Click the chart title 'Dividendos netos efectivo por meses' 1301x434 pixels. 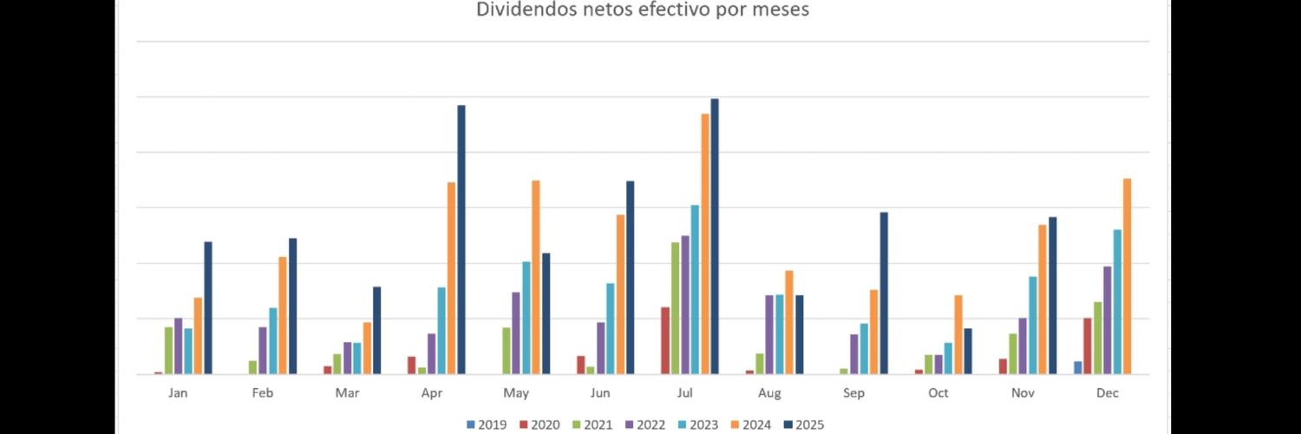click(642, 10)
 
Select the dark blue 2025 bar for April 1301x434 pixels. click(461, 240)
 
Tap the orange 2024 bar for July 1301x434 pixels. click(705, 244)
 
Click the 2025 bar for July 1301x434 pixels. click(715, 236)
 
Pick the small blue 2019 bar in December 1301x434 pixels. click(1078, 368)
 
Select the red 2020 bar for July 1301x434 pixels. click(665, 340)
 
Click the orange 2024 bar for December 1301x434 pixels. click(1128, 276)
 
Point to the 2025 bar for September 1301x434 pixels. click(884, 293)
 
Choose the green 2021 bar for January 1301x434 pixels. click(169, 351)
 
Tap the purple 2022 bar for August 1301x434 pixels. click(769, 335)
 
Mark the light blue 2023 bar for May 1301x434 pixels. click(526, 318)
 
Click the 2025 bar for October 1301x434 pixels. click(968, 352)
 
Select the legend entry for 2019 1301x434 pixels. click(487, 424)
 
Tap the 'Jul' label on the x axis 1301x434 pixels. click(684, 393)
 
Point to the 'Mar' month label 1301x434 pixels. click(347, 393)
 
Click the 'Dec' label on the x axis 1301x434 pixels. click(1107, 393)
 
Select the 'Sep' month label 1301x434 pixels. click(853, 393)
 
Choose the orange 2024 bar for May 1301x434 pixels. click(536, 277)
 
